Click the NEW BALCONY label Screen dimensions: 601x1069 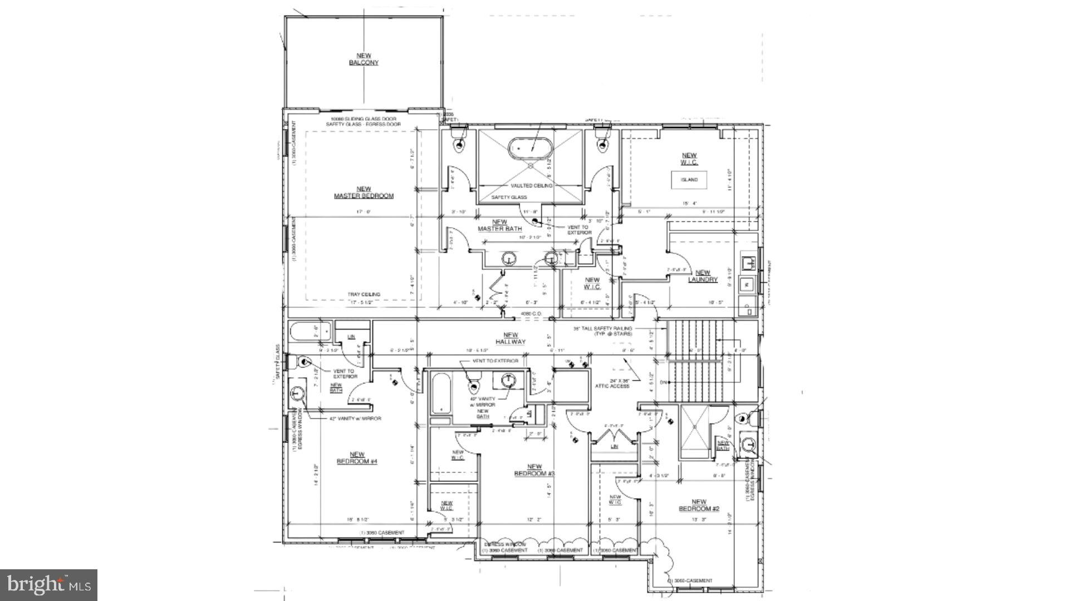(364, 59)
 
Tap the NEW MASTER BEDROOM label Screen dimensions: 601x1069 (364, 193)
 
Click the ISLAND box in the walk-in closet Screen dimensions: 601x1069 (689, 180)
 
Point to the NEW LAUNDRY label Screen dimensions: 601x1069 (703, 276)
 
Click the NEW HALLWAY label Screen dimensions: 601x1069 (511, 338)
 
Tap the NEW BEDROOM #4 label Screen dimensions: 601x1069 (357, 458)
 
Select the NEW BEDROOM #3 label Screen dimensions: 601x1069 (534, 470)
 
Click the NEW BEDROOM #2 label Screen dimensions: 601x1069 (699, 505)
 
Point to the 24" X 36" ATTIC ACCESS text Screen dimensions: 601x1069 (612, 383)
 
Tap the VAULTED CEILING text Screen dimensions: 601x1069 (531, 185)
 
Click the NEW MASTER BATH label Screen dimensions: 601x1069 (499, 225)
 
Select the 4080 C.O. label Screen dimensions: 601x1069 (531, 314)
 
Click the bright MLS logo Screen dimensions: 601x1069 (49, 585)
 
